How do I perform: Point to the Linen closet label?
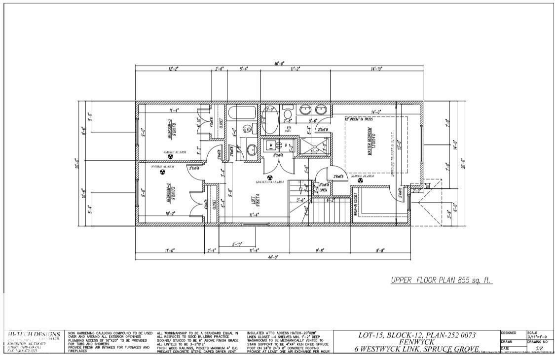[323, 189]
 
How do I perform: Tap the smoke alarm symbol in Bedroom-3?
[171, 158]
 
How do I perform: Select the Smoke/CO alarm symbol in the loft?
[269, 177]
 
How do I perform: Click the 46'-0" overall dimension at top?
[279, 63]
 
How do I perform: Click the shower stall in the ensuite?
[316, 146]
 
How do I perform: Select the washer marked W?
[270, 145]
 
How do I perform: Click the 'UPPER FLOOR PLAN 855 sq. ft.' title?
[442, 280]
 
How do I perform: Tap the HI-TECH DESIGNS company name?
[35, 334]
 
